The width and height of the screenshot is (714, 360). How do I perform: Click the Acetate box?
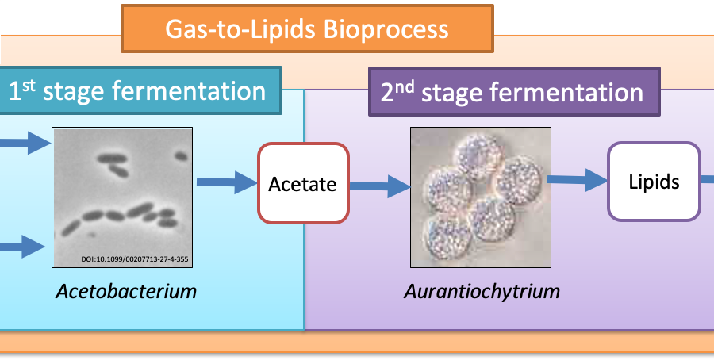coord(303,183)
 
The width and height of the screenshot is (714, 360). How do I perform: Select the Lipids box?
coord(654,182)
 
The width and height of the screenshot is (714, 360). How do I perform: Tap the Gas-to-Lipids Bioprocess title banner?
coord(307,29)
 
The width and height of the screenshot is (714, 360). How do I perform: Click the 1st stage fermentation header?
coord(139,90)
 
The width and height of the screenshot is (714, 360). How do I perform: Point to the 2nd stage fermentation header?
coord(514,92)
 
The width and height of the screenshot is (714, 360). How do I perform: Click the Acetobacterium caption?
coord(126,291)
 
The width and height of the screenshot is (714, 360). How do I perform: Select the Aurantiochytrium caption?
coord(482,291)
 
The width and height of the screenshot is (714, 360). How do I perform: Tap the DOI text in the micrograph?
coord(135,259)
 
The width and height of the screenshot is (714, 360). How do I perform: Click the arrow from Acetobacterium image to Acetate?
coord(227,182)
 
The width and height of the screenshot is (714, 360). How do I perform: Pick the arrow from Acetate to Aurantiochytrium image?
coord(380,186)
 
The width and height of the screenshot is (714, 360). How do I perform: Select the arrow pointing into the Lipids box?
coord(578,179)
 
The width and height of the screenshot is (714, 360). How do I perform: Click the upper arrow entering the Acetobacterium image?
coord(25,143)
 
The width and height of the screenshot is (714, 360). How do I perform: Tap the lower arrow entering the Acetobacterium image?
coord(23,247)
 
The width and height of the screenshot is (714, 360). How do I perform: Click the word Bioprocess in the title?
coord(386,29)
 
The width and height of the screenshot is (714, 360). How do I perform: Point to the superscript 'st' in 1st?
coord(29,85)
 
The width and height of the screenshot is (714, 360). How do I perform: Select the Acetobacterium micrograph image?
coord(122,197)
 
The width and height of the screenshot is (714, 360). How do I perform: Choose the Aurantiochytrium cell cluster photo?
coord(481,197)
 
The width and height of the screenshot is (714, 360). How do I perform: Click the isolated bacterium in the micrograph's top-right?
coord(181,156)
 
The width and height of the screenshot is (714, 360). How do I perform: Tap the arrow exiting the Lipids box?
coord(707,180)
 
